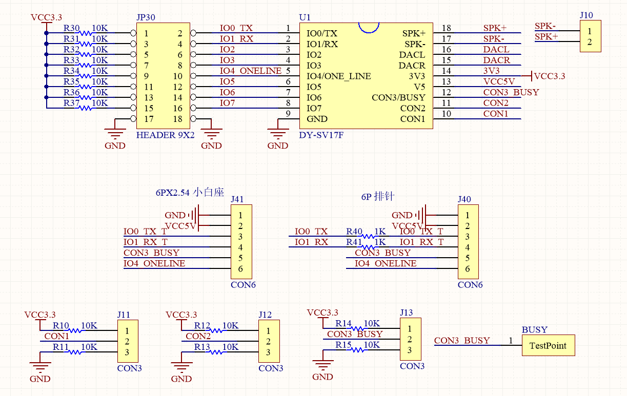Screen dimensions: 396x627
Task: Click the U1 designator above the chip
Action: coord(305,17)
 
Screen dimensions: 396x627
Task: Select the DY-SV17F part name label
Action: coord(321,135)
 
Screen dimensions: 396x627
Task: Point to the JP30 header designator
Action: coord(146,17)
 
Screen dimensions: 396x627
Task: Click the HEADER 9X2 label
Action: coord(165,135)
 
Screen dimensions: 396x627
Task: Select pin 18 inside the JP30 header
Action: coord(177,119)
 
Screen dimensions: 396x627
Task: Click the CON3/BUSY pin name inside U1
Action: coord(398,97)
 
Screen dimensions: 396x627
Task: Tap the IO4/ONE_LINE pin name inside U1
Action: coord(338,76)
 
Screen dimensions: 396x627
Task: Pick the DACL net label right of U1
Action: coord(496,49)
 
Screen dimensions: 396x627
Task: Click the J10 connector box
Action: coord(590,36)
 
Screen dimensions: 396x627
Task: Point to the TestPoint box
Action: coord(548,345)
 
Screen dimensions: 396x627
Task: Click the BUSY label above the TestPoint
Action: coord(534,330)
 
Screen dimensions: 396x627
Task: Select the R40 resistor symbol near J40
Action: coord(368,237)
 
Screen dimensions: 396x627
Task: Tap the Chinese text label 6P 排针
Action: coord(377,197)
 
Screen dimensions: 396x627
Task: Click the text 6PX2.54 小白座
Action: coord(190,193)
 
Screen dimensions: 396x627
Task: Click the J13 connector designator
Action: coord(406,312)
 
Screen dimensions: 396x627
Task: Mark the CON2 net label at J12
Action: coord(198,336)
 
